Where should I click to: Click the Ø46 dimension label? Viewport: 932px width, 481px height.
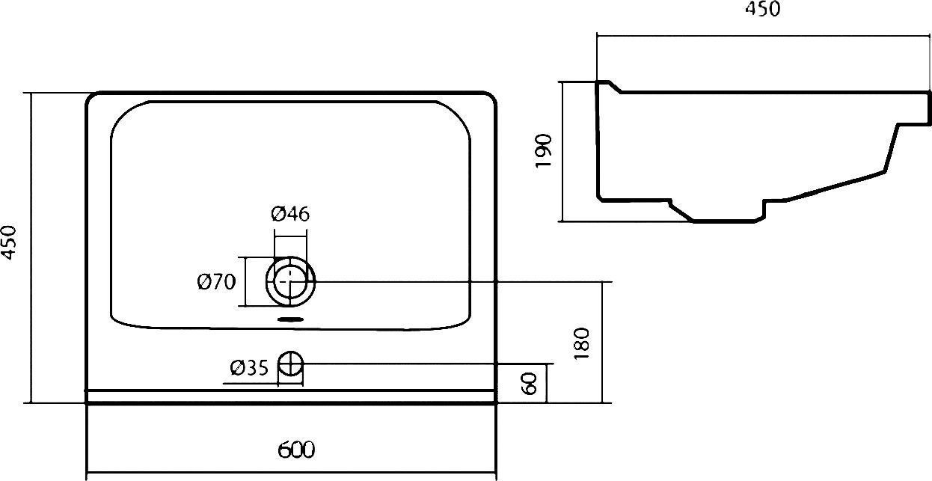290,214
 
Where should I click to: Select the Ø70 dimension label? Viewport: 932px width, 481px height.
216,282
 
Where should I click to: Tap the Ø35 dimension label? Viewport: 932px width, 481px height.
249,368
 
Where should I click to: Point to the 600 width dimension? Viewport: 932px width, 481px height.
296,450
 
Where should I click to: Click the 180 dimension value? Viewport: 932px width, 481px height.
581,343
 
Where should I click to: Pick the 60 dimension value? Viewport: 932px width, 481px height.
529,384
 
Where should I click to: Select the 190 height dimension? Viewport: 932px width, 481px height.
543,150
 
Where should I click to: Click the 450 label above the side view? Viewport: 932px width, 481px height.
763,8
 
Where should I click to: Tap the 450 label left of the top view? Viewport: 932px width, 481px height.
8,242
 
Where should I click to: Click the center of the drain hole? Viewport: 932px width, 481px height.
290,282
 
